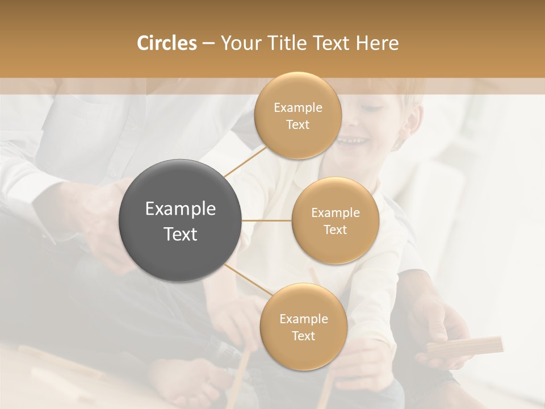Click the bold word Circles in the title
166,43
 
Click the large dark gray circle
180,220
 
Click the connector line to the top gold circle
245,160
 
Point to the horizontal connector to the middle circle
267,220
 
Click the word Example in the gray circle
180,209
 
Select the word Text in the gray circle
180,234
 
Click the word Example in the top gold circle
297,107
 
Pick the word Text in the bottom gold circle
303,336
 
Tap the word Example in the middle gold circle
335,212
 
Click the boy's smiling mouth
350,140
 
